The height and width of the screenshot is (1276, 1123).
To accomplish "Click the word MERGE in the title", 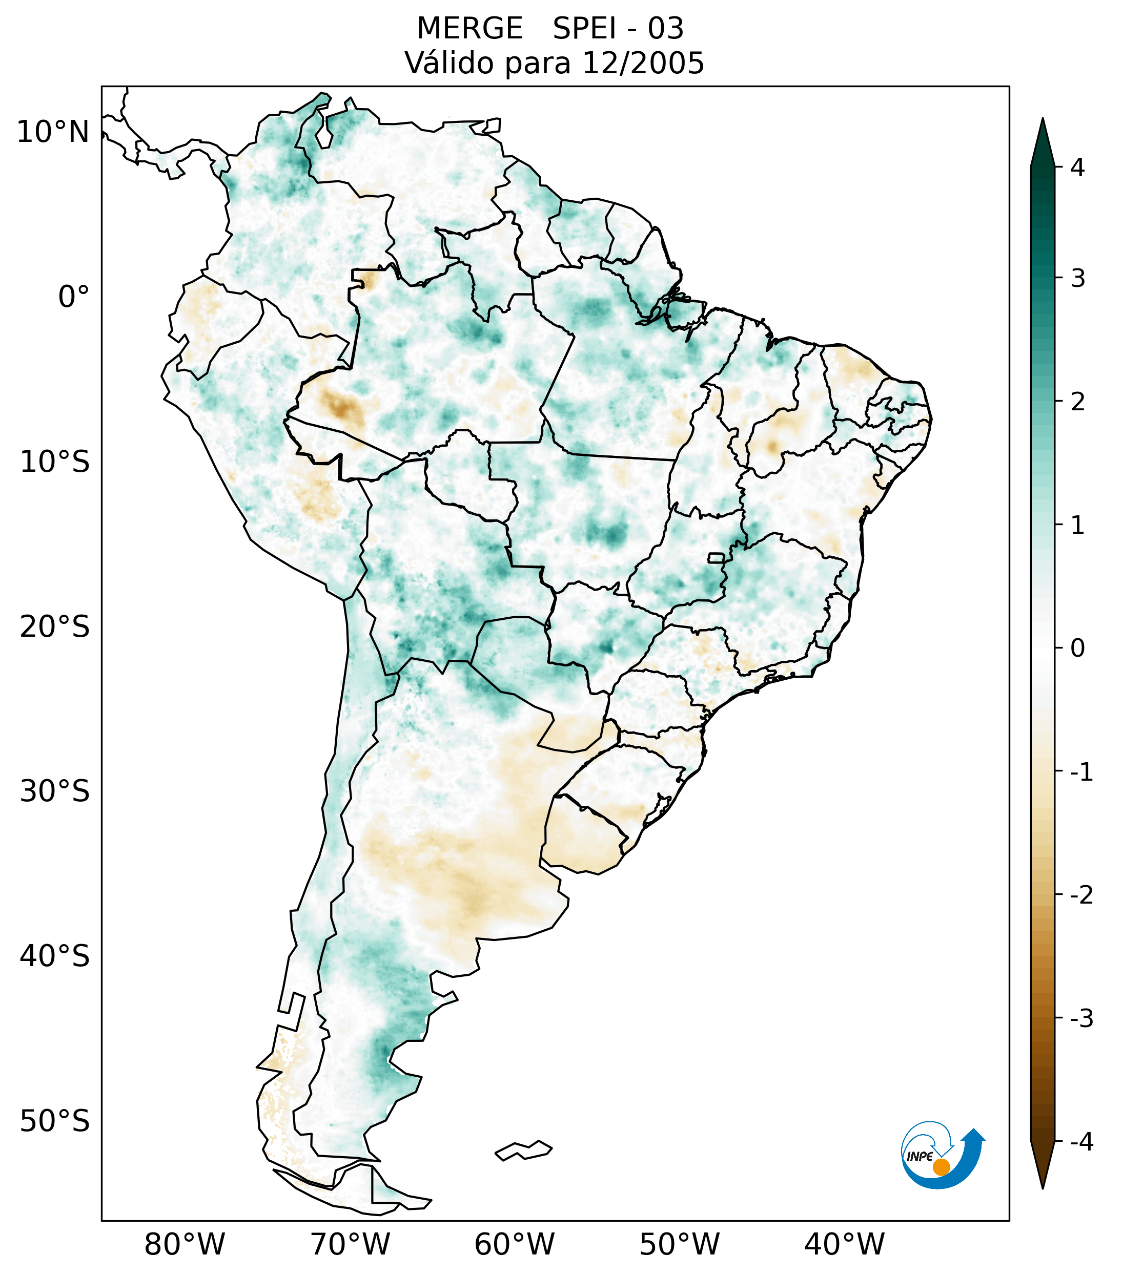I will click(469, 29).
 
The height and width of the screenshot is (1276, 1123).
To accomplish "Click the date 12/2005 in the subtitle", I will click(643, 63).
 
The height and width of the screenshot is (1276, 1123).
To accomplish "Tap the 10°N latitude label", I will click(52, 132).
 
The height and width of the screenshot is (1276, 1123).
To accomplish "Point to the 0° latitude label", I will click(74, 297).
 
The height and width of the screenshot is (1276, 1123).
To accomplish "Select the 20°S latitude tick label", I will click(55, 627).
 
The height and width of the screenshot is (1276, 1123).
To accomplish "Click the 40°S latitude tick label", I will click(55, 956).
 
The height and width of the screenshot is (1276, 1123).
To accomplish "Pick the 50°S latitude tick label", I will click(55, 1122).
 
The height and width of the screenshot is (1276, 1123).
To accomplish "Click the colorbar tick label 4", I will click(1077, 168).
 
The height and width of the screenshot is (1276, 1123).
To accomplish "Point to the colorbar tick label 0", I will click(1077, 649).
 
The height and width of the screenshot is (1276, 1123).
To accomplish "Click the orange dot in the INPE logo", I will click(941, 1167).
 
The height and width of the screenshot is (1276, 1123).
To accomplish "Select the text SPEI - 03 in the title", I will click(618, 29).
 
